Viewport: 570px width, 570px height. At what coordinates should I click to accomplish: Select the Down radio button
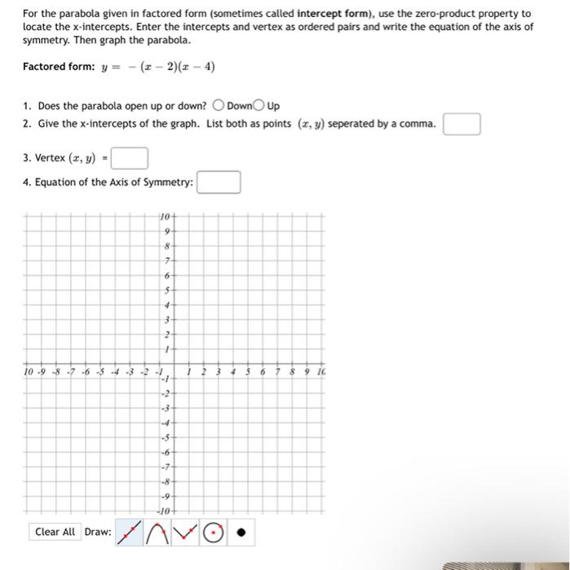(x=219, y=106)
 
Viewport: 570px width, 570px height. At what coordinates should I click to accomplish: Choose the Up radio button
(x=258, y=106)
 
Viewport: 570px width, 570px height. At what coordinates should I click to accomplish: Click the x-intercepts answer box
(x=462, y=125)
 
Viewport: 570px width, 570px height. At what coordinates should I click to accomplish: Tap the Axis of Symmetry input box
(x=219, y=182)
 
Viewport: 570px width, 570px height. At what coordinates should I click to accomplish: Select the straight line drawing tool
(x=130, y=533)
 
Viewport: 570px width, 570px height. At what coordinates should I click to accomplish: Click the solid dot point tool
(x=240, y=533)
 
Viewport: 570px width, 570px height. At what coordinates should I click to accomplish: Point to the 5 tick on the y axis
(x=167, y=289)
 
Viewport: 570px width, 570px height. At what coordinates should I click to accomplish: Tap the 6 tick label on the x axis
(x=263, y=373)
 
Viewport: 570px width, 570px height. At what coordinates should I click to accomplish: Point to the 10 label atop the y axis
(x=165, y=216)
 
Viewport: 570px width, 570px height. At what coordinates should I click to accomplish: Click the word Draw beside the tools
(x=98, y=532)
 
